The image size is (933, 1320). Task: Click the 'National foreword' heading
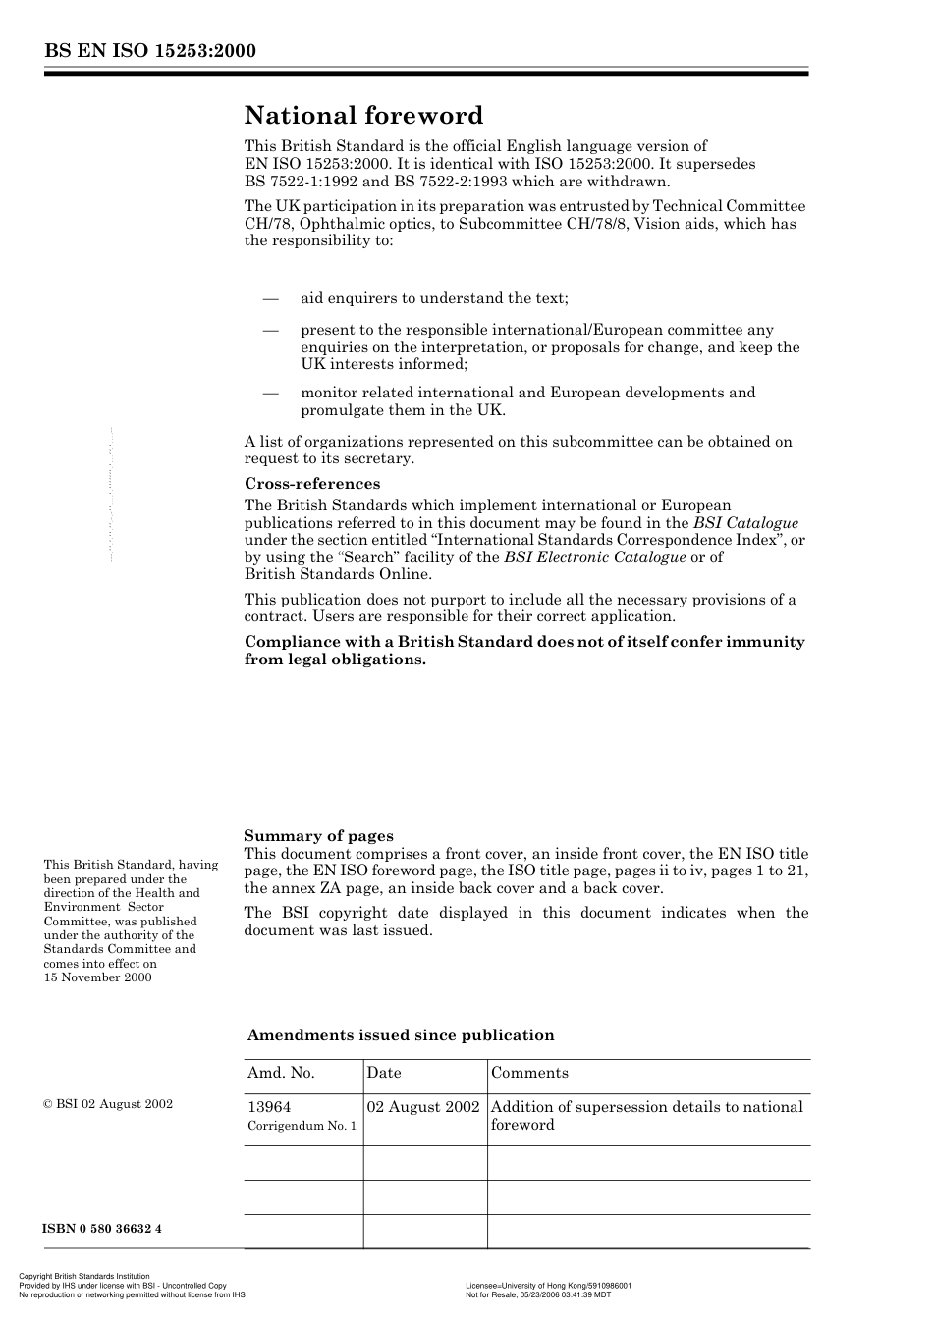click(363, 116)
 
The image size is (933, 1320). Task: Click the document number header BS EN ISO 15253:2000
click(149, 51)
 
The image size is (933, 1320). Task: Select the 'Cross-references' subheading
click(311, 484)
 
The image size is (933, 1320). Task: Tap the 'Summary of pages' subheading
click(318, 836)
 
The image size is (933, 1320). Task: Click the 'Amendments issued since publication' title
click(400, 1035)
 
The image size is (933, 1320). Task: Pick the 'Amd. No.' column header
click(281, 1073)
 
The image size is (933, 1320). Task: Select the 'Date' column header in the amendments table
click(384, 1073)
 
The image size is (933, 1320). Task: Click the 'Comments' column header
click(529, 1073)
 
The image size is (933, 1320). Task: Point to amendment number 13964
click(269, 1107)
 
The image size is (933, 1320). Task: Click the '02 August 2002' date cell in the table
click(423, 1107)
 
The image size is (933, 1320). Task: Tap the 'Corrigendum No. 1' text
click(302, 1126)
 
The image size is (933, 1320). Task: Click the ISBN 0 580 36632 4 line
click(102, 1229)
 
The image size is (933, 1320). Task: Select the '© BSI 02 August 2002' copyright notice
click(108, 1104)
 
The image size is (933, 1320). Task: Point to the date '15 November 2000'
click(97, 977)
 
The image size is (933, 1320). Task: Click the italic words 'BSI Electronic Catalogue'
click(594, 557)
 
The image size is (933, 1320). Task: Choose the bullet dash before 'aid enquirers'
click(270, 298)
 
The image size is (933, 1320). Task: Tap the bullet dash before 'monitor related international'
click(270, 393)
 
